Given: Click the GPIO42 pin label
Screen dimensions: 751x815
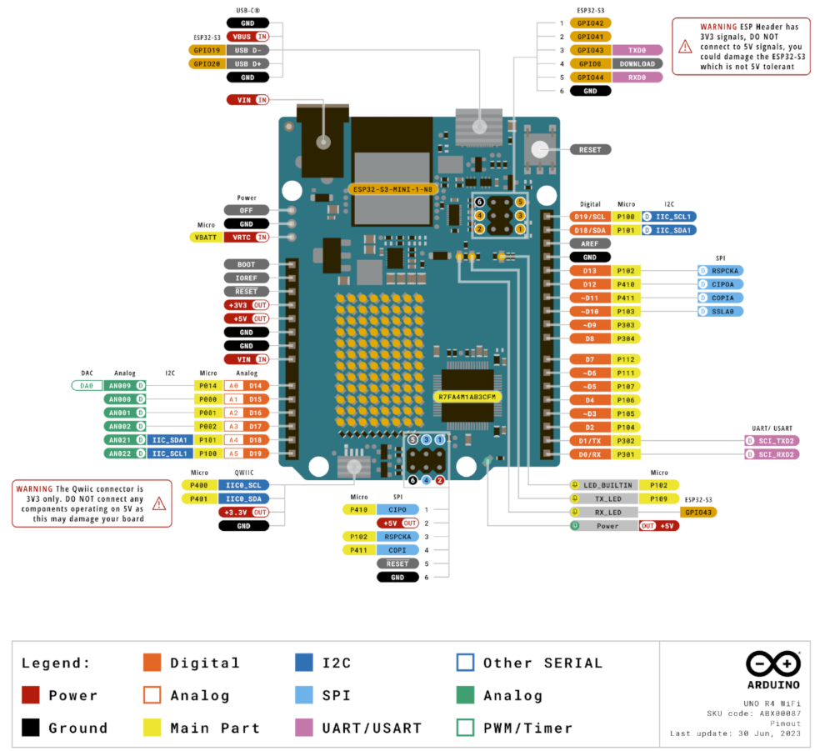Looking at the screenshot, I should coord(591,23).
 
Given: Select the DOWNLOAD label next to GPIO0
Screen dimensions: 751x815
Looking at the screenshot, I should coord(637,63).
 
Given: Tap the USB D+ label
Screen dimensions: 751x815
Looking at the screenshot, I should coord(248,63).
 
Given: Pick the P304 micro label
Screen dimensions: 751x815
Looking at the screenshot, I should coord(626,338).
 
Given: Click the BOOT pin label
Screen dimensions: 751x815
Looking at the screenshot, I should coord(246,264).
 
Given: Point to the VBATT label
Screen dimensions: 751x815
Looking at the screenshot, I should coord(206,238).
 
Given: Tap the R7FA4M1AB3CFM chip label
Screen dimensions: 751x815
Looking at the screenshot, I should coord(467,397).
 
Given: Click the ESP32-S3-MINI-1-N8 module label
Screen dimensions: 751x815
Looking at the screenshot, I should coord(392,189).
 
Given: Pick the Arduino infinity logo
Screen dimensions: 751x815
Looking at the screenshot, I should coord(774,665).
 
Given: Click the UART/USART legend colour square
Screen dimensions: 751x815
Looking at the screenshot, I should coord(304,728).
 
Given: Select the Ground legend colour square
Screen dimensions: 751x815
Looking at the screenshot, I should coord(30,728).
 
